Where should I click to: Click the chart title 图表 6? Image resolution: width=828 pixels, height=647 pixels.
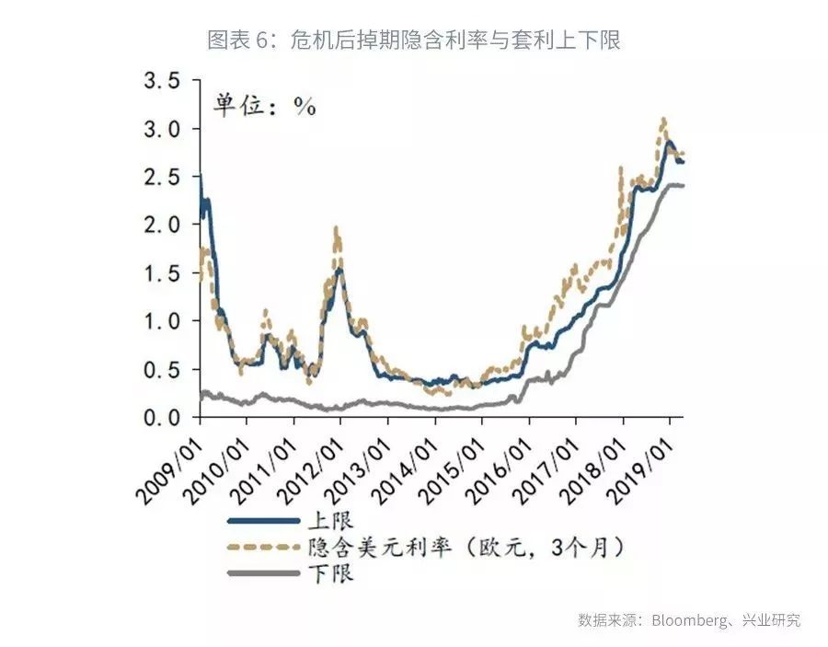[414, 40]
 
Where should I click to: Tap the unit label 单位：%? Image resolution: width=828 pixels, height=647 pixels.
[266, 106]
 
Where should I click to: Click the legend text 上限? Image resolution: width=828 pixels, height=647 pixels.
[333, 521]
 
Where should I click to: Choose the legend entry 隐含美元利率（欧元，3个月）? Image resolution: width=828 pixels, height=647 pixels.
[469, 547]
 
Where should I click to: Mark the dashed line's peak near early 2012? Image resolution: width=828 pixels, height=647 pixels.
[337, 228]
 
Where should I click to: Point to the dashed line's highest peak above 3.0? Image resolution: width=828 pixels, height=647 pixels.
[662, 120]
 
